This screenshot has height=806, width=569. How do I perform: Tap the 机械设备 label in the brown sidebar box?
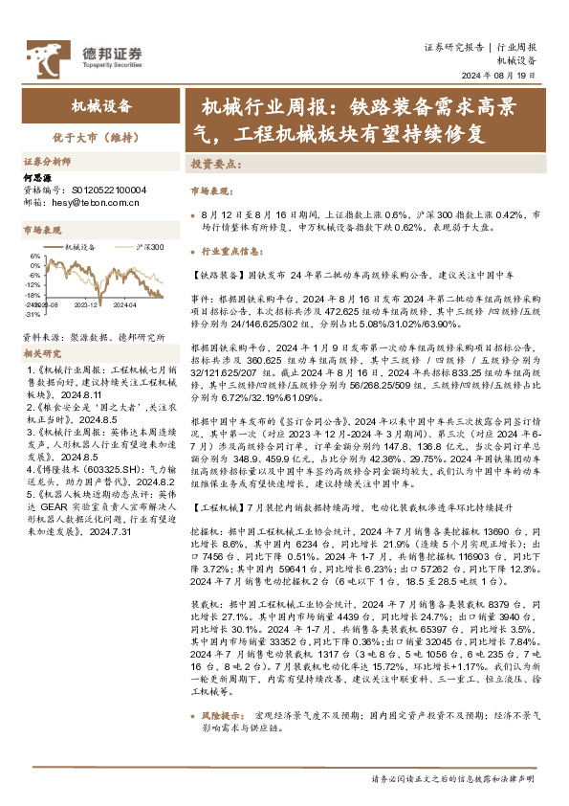pos(101,107)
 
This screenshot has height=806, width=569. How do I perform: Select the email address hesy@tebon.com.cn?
pos(100,202)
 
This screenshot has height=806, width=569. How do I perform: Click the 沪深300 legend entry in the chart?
pos(150,248)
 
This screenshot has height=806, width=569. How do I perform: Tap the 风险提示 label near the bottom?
pos(226,742)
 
